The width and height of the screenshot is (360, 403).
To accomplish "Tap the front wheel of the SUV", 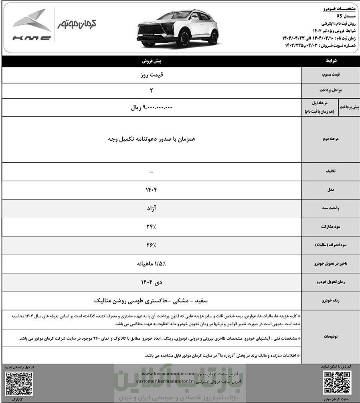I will click(185, 38).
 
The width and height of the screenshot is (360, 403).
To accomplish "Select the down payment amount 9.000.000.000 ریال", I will click(152, 107).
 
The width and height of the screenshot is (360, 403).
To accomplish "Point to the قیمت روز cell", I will click(152, 74).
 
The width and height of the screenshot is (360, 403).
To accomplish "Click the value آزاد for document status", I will click(152, 209).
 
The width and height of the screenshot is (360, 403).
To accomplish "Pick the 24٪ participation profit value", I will click(152, 227).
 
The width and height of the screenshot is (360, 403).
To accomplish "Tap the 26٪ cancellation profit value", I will click(152, 245).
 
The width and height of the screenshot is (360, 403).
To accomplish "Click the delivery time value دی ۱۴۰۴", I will click(152, 282).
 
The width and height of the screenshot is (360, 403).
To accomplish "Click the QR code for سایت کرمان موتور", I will click(337, 383).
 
